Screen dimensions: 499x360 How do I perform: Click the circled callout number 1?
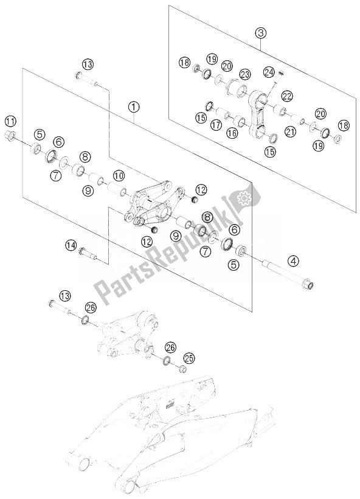[x=133, y=106]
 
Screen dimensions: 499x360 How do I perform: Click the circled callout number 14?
[x=72, y=245]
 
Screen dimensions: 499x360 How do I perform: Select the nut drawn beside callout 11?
[x=12, y=135]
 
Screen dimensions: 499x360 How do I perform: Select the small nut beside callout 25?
[x=182, y=369]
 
